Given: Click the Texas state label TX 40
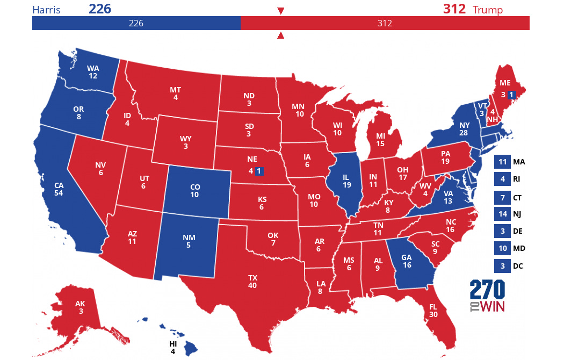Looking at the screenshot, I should click(252, 281).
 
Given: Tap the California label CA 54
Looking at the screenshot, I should click(59, 189).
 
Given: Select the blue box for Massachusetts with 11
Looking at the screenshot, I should click(502, 162).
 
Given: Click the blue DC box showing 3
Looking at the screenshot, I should click(502, 265).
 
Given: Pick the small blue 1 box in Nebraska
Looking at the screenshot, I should click(259, 171).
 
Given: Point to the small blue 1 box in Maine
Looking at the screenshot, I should click(511, 95).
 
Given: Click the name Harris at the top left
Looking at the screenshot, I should click(47, 10).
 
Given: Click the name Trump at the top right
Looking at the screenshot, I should click(487, 10).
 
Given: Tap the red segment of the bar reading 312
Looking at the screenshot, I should click(385, 23).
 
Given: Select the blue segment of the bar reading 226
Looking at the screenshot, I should click(136, 23).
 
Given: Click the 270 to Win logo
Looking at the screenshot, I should click(487, 296).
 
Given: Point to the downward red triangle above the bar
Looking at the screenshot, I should click(280, 11).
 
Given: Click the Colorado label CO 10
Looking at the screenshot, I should click(194, 191).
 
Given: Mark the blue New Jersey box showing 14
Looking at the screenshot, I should click(502, 214).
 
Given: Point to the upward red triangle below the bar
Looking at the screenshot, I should click(280, 36).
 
